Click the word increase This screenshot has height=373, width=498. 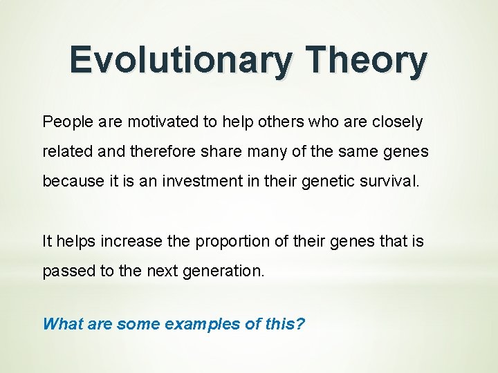point(131,242)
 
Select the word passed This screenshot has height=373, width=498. point(68,271)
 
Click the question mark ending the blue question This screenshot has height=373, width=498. point(300,324)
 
